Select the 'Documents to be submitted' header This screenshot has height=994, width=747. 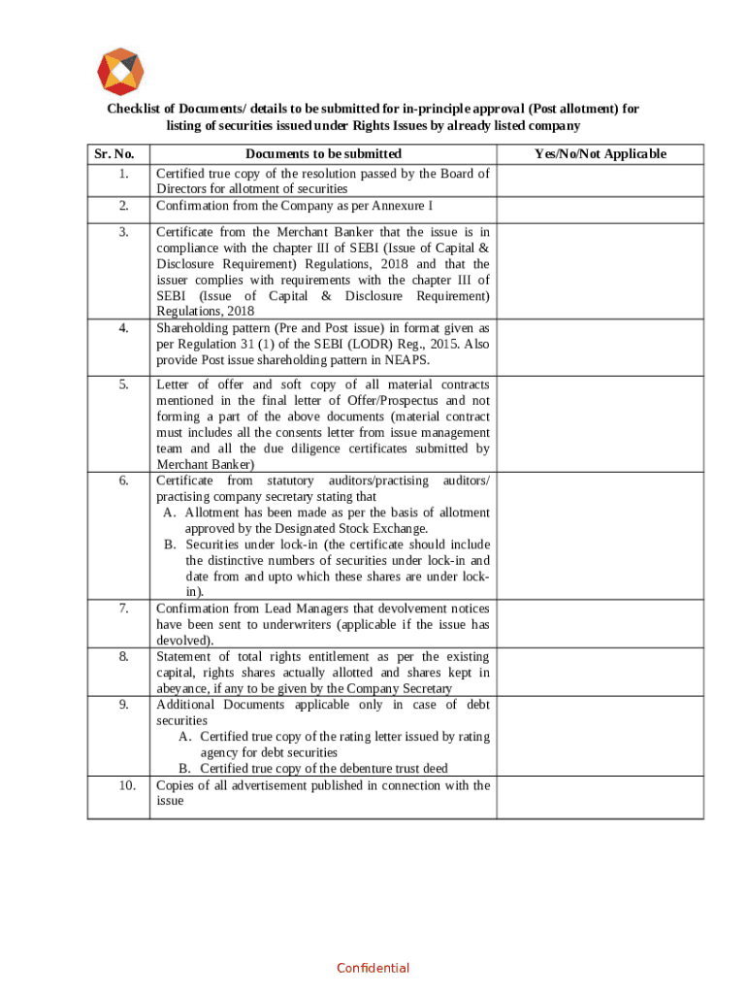pyautogui.click(x=323, y=154)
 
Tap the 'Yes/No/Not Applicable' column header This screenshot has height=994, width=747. pyautogui.click(x=601, y=154)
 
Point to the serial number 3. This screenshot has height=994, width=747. pyautogui.click(x=123, y=232)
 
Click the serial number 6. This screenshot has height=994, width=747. pyautogui.click(x=123, y=480)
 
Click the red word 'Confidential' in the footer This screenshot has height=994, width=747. pyautogui.click(x=373, y=968)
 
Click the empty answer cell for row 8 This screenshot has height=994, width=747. pyautogui.click(x=601, y=672)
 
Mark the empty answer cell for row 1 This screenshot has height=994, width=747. pyautogui.click(x=601, y=182)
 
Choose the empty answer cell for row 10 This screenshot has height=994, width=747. pyautogui.click(x=601, y=797)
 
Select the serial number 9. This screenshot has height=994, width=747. pyautogui.click(x=123, y=705)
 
